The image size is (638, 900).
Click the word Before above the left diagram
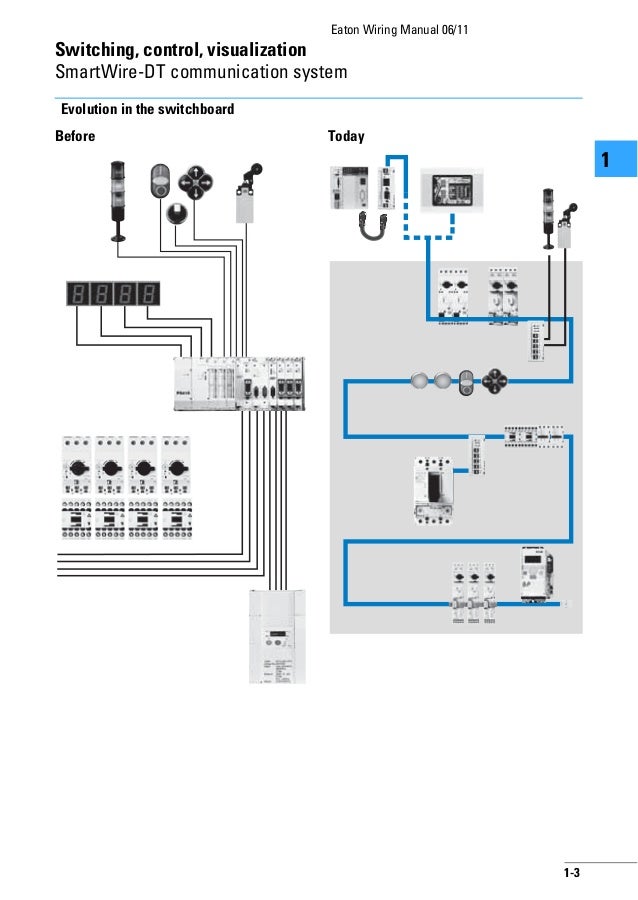tap(75, 136)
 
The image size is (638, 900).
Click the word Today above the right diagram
tap(346, 136)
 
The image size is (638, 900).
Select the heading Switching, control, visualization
tap(180, 49)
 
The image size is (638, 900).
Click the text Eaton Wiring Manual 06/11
tap(398, 27)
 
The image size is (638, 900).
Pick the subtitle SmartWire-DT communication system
tap(201, 72)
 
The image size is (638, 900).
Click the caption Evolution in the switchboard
tap(147, 108)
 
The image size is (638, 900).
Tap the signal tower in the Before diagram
tap(119, 200)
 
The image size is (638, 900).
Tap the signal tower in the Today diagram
tap(547, 214)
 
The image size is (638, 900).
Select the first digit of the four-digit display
tap(77, 295)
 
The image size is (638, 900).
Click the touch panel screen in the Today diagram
tap(452, 188)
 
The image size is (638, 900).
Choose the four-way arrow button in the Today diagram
tap(497, 380)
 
